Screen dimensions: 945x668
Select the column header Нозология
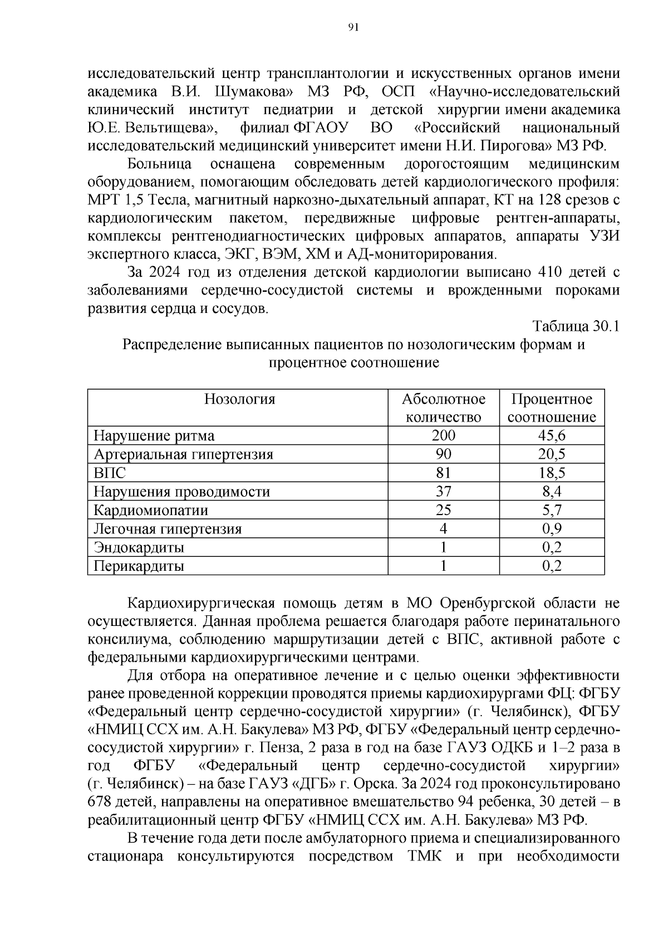[x=239, y=399]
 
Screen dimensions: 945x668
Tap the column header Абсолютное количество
[x=444, y=408]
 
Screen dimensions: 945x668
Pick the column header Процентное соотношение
[x=552, y=408]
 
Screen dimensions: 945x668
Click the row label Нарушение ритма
[x=154, y=435]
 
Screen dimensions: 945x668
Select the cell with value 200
[x=444, y=435]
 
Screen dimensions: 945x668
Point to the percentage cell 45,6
[x=552, y=435]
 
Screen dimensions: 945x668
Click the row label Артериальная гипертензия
[x=183, y=454]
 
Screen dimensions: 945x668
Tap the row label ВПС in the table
[x=110, y=473]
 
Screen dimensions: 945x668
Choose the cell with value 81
[x=444, y=473]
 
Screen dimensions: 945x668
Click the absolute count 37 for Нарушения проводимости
[x=444, y=492]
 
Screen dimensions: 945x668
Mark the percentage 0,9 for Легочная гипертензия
[x=552, y=529]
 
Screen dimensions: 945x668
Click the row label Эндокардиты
[x=139, y=548]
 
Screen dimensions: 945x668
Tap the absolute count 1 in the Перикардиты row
[x=444, y=566]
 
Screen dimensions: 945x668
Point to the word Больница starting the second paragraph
[x=160, y=164]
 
